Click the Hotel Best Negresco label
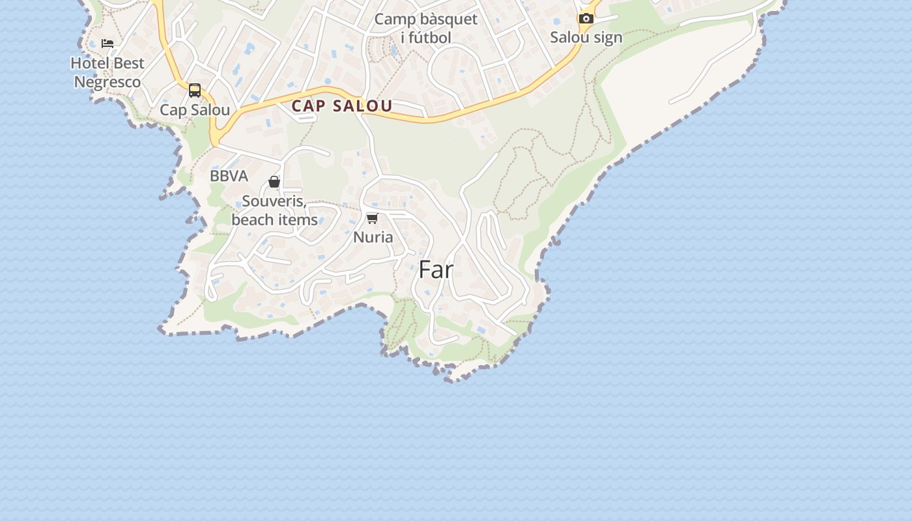[107, 72]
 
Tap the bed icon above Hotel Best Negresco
[107, 44]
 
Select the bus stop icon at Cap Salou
[194, 91]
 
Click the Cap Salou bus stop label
[195, 110]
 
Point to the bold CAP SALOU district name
[342, 106]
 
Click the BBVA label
[229, 176]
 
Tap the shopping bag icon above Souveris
[274, 182]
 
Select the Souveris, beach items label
[274, 210]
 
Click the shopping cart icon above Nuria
[372, 218]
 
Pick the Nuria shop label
[373, 237]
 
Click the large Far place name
[436, 270]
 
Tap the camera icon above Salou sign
[586, 18]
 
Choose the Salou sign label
[586, 37]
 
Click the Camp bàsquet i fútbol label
[425, 28]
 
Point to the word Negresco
[107, 82]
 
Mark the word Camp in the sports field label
[394, 19]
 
